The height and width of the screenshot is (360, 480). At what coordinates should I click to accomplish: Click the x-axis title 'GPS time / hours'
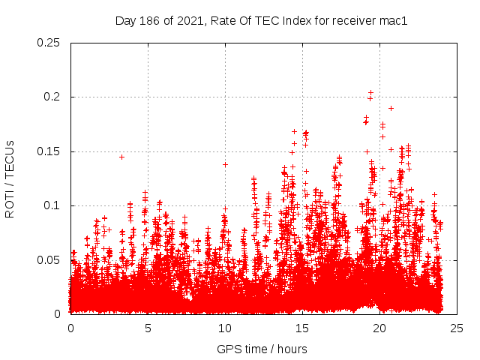pos(262,349)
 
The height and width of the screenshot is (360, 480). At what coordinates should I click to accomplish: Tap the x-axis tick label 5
pos(148,328)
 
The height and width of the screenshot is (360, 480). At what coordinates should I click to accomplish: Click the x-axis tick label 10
pos(225,328)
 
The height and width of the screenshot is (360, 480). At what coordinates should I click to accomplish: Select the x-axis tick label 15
pos(302,328)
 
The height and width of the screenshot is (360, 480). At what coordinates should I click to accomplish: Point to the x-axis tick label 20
pos(379,328)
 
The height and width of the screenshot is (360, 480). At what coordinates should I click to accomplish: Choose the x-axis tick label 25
pos(456,328)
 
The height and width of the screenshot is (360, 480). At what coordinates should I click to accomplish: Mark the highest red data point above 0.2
pos(370,93)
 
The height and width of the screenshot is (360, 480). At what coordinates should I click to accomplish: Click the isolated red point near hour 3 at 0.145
pos(121,157)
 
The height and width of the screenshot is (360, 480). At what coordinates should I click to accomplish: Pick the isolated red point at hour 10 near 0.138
pos(225,164)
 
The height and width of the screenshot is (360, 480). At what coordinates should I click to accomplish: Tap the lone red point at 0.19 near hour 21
pos(391,108)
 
